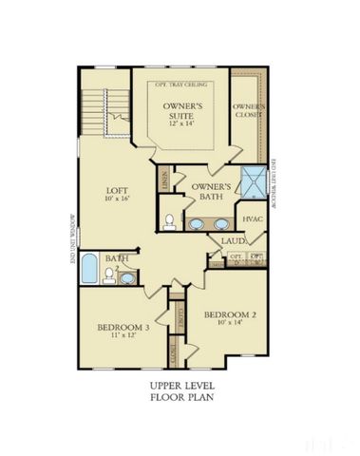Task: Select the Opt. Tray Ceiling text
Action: pyautogui.click(x=180, y=83)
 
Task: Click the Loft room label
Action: pyautogui.click(x=116, y=190)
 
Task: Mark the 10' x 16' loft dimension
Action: pyautogui.click(x=116, y=201)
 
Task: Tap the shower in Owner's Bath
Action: pyautogui.click(x=252, y=181)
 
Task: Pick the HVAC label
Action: pyautogui.click(x=252, y=219)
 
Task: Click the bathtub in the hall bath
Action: pyautogui.click(x=88, y=268)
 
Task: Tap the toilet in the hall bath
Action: pyautogui.click(x=109, y=276)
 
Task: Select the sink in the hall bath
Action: pyautogui.click(x=128, y=276)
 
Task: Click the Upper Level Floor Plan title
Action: pyautogui.click(x=180, y=392)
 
